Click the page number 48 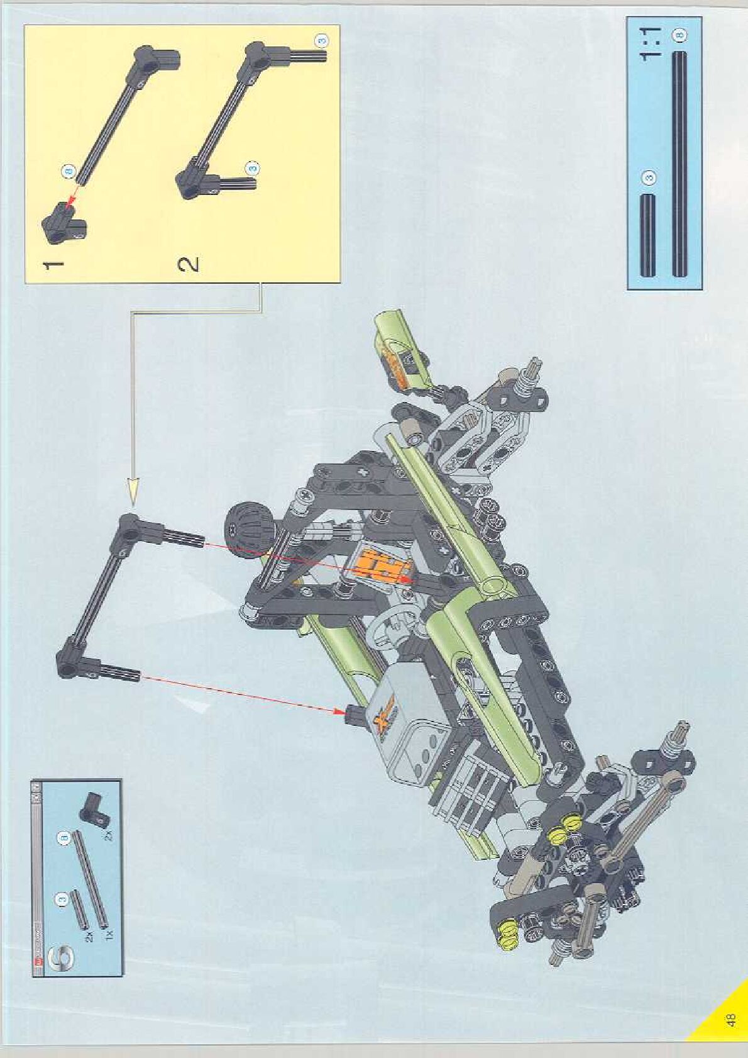(x=730, y=1019)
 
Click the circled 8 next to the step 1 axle (x=69, y=170)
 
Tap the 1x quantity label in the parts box (x=109, y=935)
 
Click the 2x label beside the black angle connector (x=108, y=836)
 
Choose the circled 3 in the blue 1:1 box (x=650, y=177)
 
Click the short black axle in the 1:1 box (x=648, y=235)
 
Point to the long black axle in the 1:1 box (x=679, y=164)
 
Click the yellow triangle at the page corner (x=723, y=1022)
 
